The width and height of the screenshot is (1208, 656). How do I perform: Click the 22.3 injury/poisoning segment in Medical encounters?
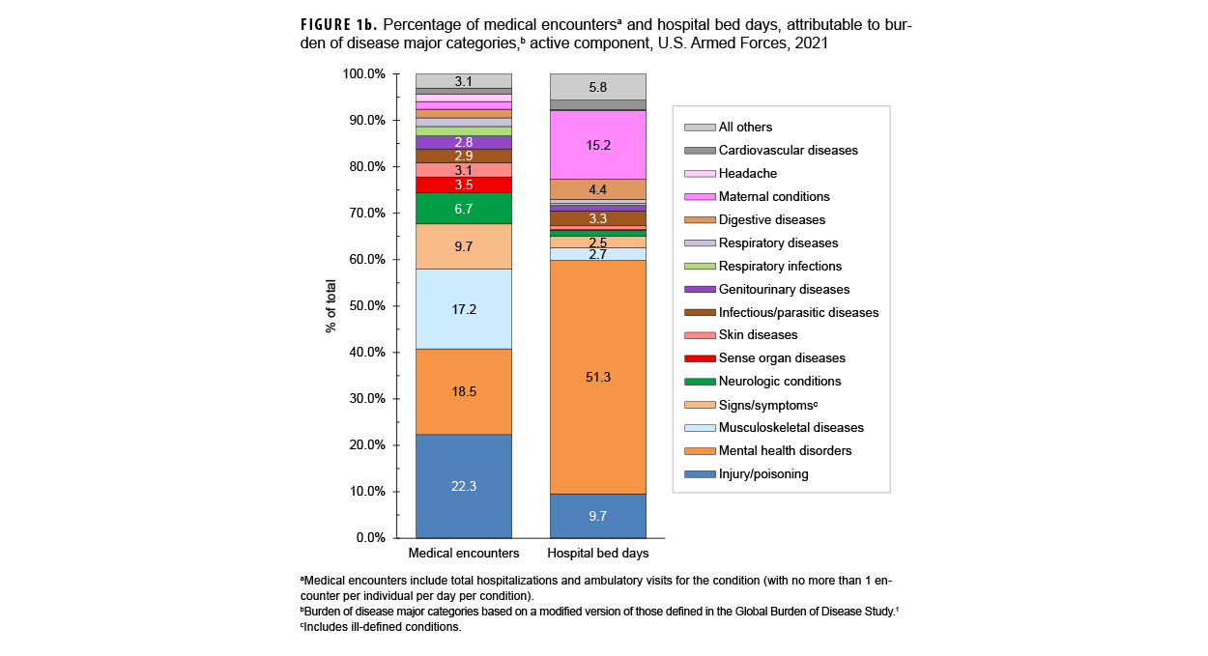(x=464, y=486)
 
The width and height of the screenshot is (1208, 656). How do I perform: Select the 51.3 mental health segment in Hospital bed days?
(x=597, y=377)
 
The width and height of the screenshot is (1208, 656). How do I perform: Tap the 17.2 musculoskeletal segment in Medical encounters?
(x=464, y=309)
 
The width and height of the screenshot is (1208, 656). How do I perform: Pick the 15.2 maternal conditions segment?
(x=597, y=145)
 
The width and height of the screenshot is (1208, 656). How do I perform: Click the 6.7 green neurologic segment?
(x=464, y=209)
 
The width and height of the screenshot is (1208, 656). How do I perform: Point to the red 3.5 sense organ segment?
(x=464, y=185)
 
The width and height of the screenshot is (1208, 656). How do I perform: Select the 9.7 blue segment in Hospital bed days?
(x=597, y=516)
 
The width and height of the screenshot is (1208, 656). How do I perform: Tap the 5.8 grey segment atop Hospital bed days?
(x=597, y=87)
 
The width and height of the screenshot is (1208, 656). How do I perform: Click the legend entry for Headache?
(x=747, y=174)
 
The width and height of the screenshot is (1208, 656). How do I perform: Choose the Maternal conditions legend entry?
(x=773, y=197)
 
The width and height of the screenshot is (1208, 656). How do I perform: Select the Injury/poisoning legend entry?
(x=762, y=474)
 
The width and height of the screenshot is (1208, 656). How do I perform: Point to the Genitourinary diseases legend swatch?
(x=700, y=290)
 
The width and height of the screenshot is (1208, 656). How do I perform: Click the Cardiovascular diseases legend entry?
(x=788, y=151)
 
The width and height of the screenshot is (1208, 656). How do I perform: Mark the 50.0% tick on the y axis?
(x=366, y=306)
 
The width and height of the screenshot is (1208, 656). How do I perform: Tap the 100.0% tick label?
(x=366, y=74)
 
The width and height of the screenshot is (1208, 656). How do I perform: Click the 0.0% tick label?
(x=371, y=538)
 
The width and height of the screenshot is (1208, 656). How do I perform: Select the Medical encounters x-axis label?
(x=464, y=555)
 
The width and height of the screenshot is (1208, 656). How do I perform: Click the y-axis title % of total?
(x=331, y=306)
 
